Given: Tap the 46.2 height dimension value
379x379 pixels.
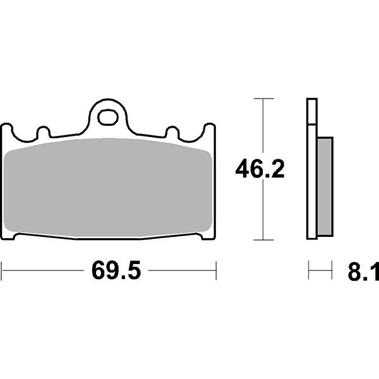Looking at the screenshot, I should (260, 169).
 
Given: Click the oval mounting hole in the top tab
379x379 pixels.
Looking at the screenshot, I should (109, 117).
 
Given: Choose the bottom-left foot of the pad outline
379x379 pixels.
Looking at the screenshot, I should (9, 237).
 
